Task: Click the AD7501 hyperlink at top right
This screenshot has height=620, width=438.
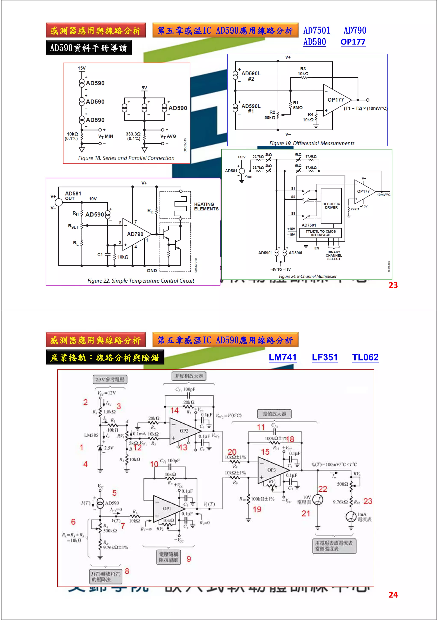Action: coord(317,31)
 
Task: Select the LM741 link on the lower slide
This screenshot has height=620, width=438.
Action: coord(283,357)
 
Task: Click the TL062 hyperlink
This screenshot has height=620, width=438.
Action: coord(365,357)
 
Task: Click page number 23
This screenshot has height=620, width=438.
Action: coord(393,285)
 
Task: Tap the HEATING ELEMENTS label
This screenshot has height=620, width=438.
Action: coord(206,207)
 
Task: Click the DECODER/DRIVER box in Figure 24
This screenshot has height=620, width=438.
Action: coord(331,206)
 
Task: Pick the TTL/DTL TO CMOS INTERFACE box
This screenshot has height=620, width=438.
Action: coord(320,233)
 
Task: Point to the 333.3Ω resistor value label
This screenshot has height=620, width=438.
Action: coord(133,134)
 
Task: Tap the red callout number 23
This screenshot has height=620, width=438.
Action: coord(368,501)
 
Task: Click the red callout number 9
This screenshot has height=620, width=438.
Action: coord(189,559)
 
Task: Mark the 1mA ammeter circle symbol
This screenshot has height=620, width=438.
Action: coord(351,517)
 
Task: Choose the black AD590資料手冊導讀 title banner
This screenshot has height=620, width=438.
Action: coord(89,48)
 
